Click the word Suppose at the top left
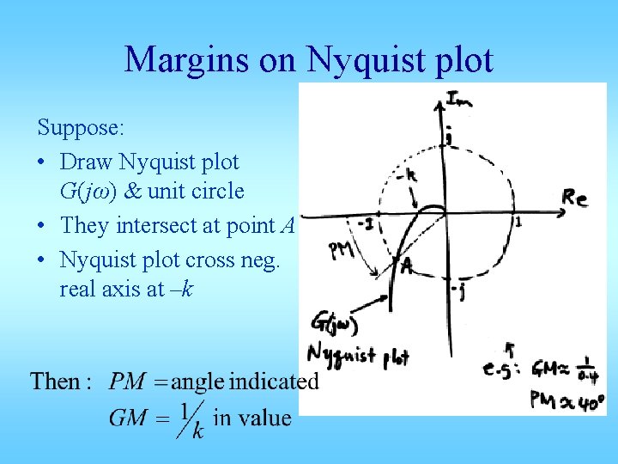click(x=81, y=129)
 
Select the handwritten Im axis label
click(x=460, y=100)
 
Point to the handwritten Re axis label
click(x=574, y=198)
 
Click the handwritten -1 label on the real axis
click(x=366, y=224)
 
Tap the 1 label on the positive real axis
click(x=518, y=223)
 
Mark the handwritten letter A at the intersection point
click(x=407, y=268)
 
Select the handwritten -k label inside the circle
click(x=406, y=176)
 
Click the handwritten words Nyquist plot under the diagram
click(x=358, y=354)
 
